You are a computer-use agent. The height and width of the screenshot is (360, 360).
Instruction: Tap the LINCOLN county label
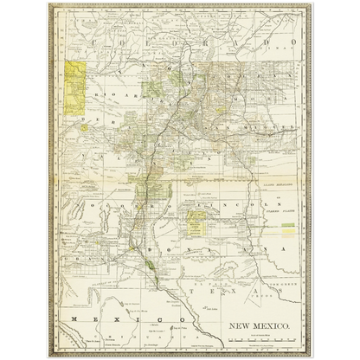point(227,206)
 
